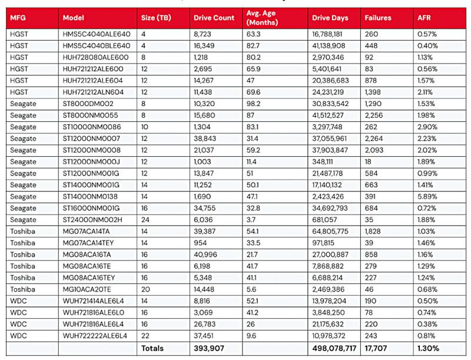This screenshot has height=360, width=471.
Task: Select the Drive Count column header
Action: [x=214, y=18]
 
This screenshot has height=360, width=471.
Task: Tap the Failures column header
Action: [x=377, y=18]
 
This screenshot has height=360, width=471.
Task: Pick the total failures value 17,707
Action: [x=377, y=348]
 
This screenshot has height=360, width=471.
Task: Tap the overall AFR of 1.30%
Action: [x=427, y=348]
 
